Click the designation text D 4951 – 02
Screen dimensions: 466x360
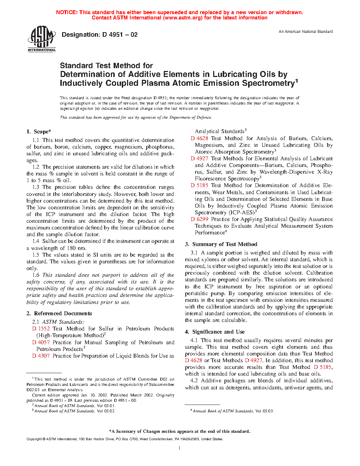[100, 35]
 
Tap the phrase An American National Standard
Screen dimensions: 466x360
[306, 32]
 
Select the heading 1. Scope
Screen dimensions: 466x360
[39, 132]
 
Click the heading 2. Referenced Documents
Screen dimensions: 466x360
[59, 313]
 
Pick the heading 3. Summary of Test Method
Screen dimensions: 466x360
[221, 244]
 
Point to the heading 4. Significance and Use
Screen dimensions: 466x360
[215, 332]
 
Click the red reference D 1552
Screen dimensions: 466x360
[41, 329]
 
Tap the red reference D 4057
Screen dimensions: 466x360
[41, 342]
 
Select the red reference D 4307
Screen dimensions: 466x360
[41, 356]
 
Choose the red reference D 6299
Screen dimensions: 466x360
[199, 219]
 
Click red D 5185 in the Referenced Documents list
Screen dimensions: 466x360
[199, 185]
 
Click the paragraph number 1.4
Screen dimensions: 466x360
[36, 241]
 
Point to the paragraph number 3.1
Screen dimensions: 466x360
[194, 253]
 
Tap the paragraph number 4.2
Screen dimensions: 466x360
[194, 381]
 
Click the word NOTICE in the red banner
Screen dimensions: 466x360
[67, 12]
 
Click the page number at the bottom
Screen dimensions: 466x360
[180, 448]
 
